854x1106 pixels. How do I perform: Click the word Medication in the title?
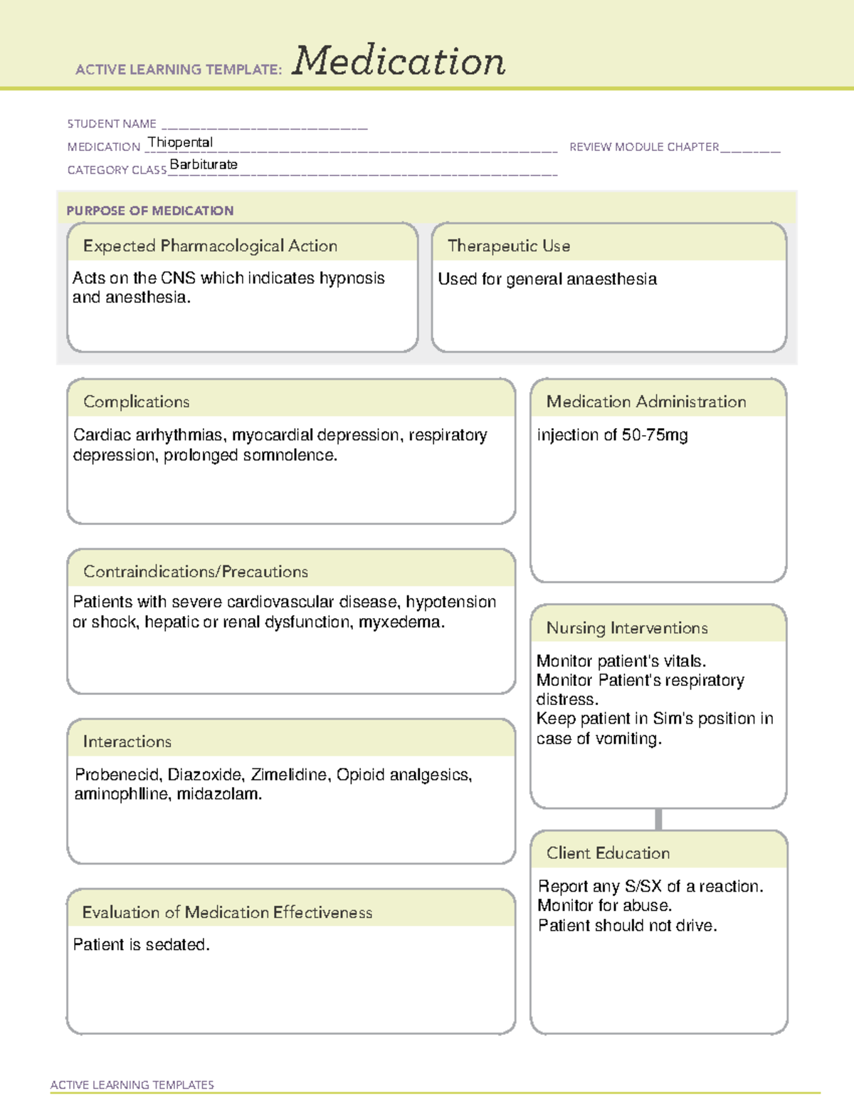[399, 61]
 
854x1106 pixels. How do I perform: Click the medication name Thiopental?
[180, 142]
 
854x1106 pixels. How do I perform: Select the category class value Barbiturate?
[204, 165]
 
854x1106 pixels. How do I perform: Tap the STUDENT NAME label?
[112, 124]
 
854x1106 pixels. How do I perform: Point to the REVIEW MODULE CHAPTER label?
[644, 147]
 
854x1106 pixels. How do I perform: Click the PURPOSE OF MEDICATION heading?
[150, 211]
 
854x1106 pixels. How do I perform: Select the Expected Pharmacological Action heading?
[210, 246]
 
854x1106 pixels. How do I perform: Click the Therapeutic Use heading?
[509, 246]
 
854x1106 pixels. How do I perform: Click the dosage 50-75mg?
[655, 435]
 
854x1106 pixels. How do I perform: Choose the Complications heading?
[137, 402]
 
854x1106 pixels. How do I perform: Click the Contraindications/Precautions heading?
[196, 572]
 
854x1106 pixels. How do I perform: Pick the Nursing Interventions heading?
[627, 628]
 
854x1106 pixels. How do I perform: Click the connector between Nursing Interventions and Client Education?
[658, 820]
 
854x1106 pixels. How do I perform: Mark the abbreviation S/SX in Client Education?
[643, 887]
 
